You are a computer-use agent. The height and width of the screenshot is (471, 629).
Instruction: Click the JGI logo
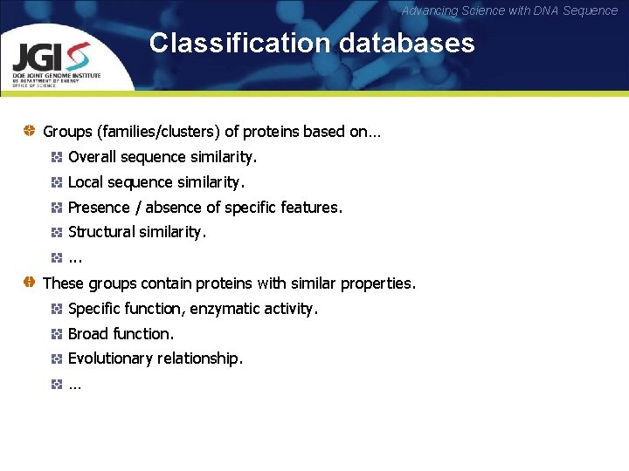pos(58,60)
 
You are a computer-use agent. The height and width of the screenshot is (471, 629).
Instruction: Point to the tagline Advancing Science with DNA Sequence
pos(509,10)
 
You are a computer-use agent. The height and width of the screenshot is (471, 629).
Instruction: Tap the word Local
pos(86,182)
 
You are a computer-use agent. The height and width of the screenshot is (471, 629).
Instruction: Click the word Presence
pos(99,208)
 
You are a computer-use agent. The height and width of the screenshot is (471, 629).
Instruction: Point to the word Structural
pos(101,232)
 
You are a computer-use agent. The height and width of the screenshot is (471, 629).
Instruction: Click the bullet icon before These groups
pos(29,283)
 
